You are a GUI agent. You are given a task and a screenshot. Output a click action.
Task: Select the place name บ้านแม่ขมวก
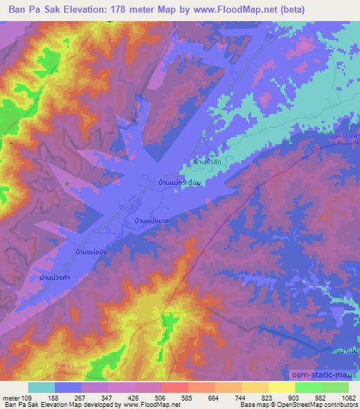[152, 221]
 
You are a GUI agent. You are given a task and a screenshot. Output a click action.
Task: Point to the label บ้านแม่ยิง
[91, 250]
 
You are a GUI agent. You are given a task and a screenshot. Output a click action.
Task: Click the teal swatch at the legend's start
[41, 387]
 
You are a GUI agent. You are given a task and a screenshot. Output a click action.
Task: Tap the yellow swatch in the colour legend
[282, 387]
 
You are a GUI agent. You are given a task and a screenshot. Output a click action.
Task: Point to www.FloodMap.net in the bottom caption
[148, 405]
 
